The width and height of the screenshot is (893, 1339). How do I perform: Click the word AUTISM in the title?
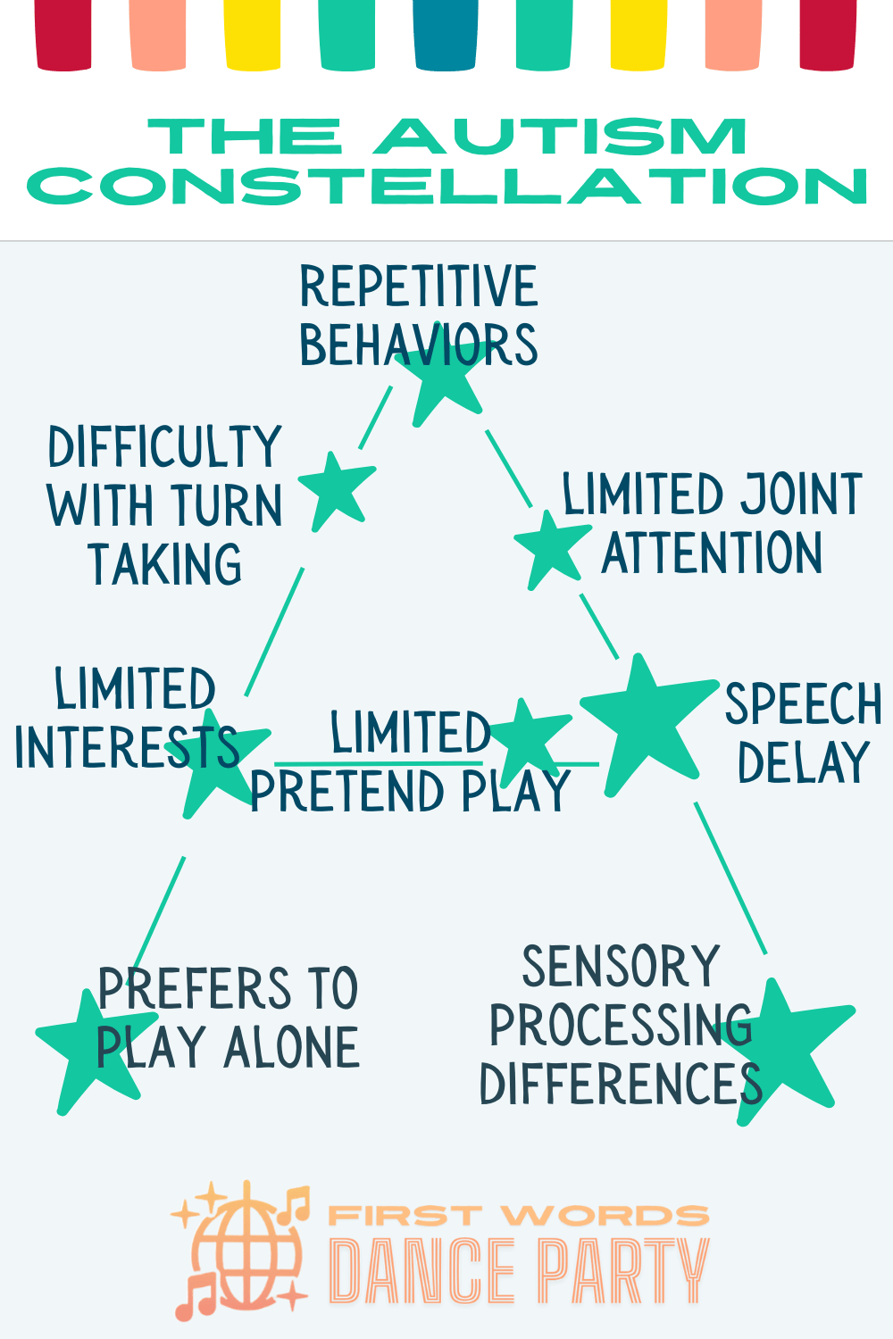tap(560, 137)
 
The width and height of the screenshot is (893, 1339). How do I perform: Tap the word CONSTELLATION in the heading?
tap(446, 187)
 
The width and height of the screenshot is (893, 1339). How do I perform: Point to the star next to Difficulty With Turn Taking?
tap(337, 489)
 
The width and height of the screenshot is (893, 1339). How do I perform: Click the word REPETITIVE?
tap(418, 287)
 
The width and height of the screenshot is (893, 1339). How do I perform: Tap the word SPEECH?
tap(803, 704)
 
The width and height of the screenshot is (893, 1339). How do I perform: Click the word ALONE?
tap(292, 1048)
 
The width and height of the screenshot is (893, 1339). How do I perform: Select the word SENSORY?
tap(621, 967)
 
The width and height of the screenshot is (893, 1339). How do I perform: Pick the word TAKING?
tap(165, 565)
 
